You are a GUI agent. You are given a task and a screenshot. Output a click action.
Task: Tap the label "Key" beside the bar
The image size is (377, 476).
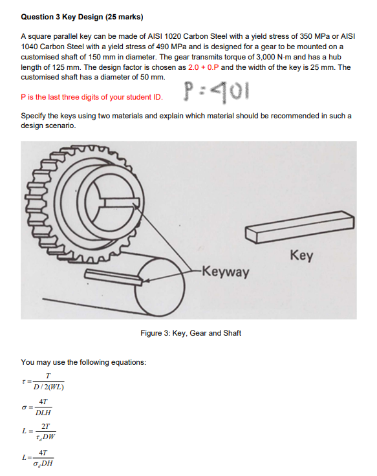coord(302,255)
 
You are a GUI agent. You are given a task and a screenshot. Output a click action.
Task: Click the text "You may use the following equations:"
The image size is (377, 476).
coord(83,362)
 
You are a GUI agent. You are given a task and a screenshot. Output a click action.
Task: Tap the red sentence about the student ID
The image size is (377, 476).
coord(91,97)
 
